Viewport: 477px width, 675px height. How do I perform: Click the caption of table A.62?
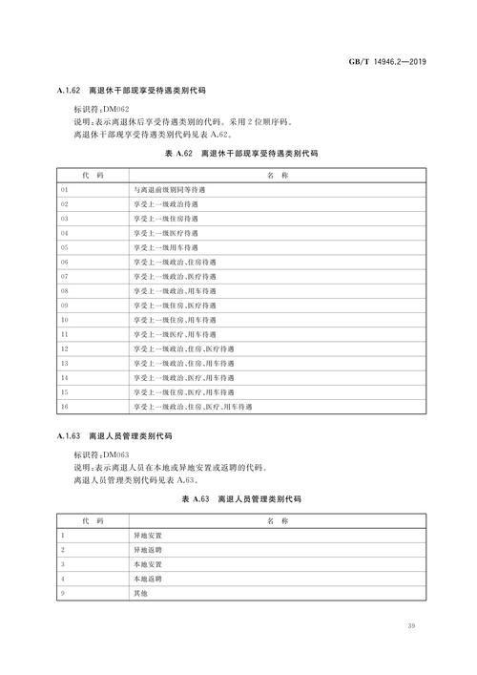click(238, 154)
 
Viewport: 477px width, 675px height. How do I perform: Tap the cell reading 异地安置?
click(148, 536)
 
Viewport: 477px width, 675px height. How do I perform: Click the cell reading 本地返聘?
click(148, 580)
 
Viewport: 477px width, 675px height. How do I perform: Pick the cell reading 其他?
click(141, 594)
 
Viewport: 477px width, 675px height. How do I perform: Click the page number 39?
click(410, 627)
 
